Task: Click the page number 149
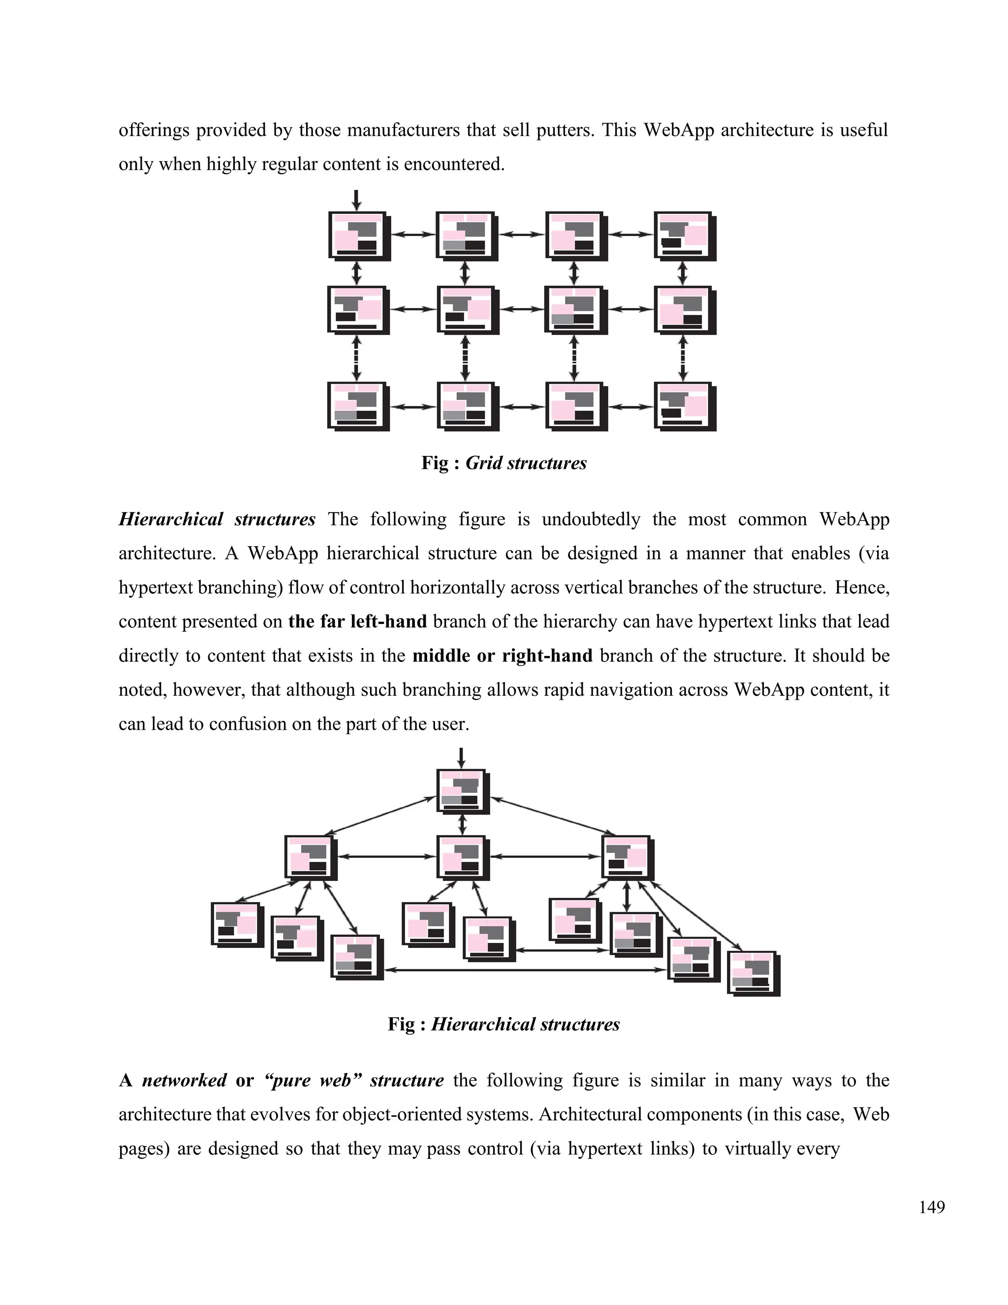click(932, 1207)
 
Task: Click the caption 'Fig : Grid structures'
click(504, 463)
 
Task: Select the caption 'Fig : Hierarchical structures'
click(504, 1024)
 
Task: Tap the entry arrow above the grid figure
click(356, 199)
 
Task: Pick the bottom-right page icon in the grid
click(684, 406)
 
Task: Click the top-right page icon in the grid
click(684, 235)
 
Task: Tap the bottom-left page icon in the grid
click(357, 406)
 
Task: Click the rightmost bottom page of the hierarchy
click(753, 973)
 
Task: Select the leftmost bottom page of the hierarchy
click(236, 924)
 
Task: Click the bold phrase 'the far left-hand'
click(357, 621)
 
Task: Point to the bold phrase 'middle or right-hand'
click(502, 655)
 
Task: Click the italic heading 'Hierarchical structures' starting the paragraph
click(217, 519)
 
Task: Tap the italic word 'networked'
click(184, 1080)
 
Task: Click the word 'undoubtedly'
click(591, 519)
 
